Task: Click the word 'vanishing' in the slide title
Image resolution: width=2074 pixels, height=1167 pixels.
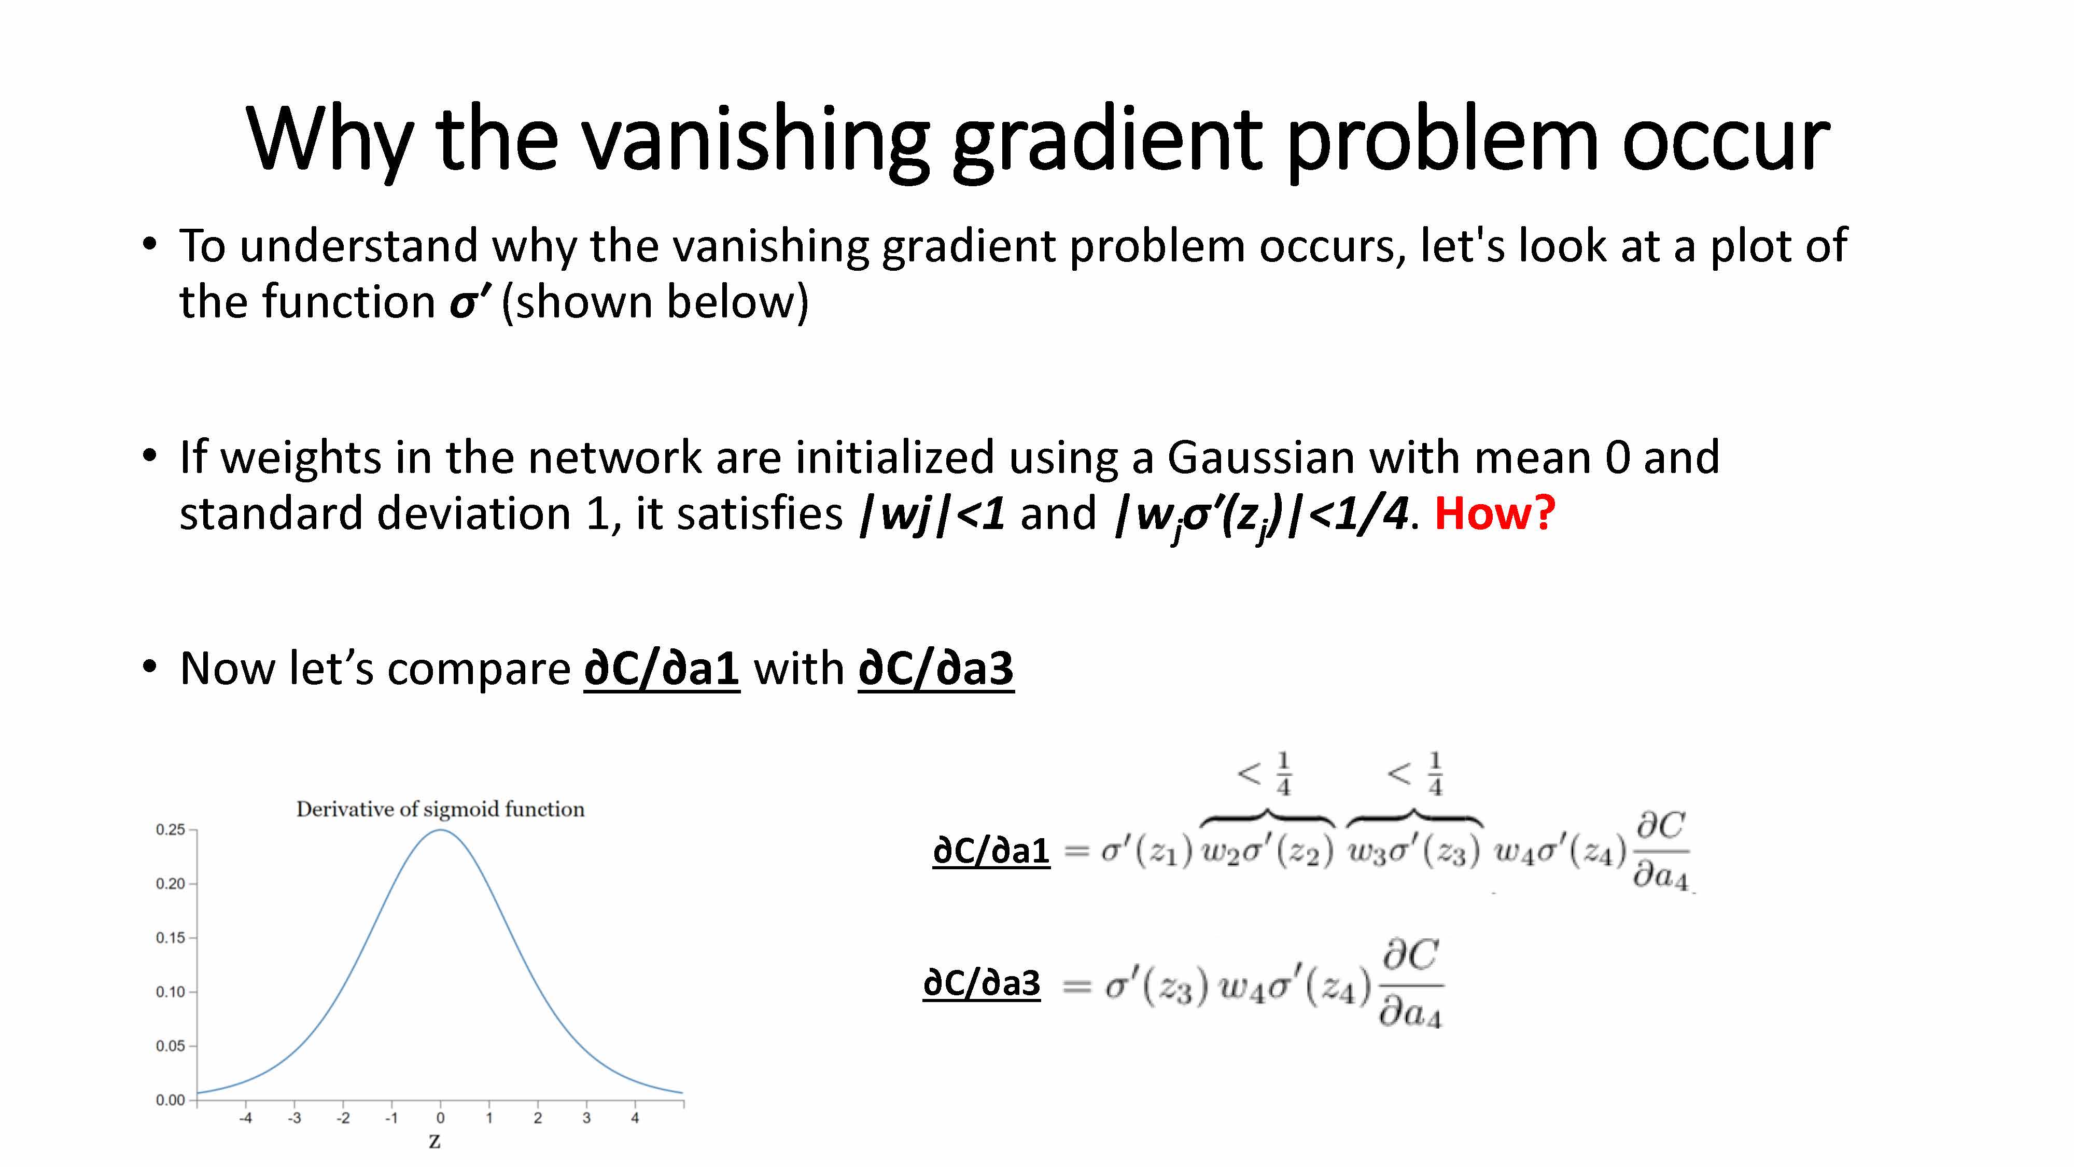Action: pos(755,141)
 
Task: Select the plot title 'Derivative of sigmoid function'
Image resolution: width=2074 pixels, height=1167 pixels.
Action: pos(440,810)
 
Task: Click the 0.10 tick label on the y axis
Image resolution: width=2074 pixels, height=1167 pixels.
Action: pos(171,991)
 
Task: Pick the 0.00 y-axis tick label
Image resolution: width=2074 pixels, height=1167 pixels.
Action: pos(171,1100)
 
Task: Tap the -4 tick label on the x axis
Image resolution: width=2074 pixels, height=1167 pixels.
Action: pos(246,1118)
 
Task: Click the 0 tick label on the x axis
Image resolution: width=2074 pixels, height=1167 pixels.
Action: pos(440,1118)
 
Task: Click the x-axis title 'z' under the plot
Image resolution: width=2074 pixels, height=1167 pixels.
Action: pos(435,1141)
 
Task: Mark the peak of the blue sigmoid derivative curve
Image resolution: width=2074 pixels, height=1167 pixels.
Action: pos(440,830)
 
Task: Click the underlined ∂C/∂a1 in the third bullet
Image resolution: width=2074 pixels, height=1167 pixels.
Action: pos(662,669)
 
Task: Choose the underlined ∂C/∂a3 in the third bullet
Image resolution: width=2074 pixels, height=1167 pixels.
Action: pos(935,669)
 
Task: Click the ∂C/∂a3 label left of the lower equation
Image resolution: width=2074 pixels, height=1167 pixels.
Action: pos(982,983)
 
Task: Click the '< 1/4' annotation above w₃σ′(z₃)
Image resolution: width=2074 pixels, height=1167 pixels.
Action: pos(1416,774)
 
